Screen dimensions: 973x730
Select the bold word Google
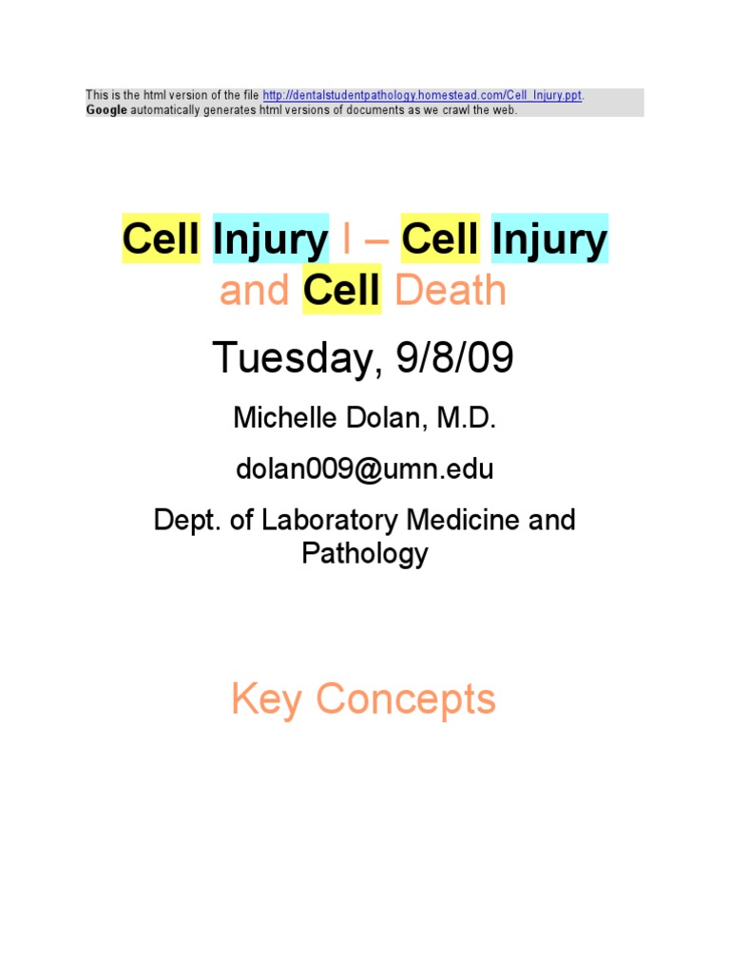point(106,110)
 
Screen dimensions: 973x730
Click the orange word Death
point(451,291)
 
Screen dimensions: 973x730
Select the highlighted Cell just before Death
point(341,291)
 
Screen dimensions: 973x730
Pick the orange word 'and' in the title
point(256,291)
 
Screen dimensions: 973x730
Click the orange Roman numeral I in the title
point(346,240)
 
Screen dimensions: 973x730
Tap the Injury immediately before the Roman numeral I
point(270,240)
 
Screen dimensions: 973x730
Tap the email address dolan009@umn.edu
point(364,469)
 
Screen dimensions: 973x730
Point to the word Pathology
point(365,553)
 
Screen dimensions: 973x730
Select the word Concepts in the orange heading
point(406,700)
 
